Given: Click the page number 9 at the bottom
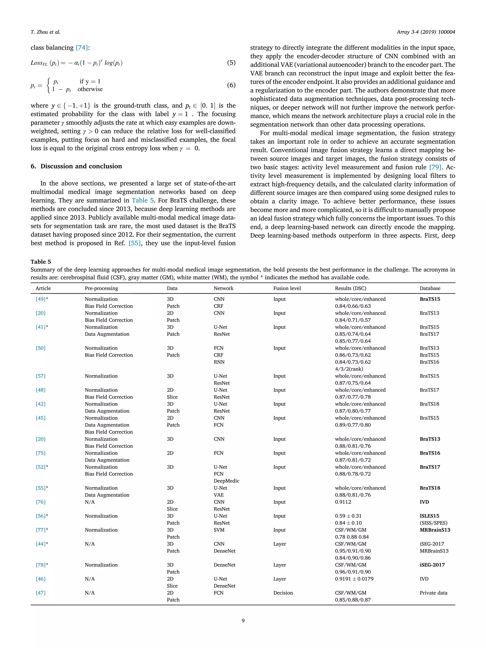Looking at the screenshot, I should [x=243, y=620].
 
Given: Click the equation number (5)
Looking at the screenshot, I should [x=231, y=62].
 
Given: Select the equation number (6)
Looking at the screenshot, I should [x=231, y=85].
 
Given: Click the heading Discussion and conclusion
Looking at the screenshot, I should [x=76, y=166].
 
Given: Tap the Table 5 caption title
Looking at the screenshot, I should [x=41, y=262].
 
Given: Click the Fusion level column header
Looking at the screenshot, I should [x=287, y=288].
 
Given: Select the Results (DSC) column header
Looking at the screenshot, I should [x=350, y=288].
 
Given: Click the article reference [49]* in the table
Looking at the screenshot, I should [x=42, y=299].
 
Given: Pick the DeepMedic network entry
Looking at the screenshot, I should [x=226, y=481].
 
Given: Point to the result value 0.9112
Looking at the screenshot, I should [x=343, y=502].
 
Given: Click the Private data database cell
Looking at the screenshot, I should [x=433, y=593].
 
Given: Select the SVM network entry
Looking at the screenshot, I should [x=219, y=530].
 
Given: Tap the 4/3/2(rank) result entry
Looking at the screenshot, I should [x=349, y=369].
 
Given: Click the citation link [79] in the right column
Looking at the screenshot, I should [x=435, y=167].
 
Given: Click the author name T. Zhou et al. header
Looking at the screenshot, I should [x=45, y=32].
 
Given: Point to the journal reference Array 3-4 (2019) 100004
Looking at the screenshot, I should [x=426, y=32].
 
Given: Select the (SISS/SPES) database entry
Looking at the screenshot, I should [x=433, y=523].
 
